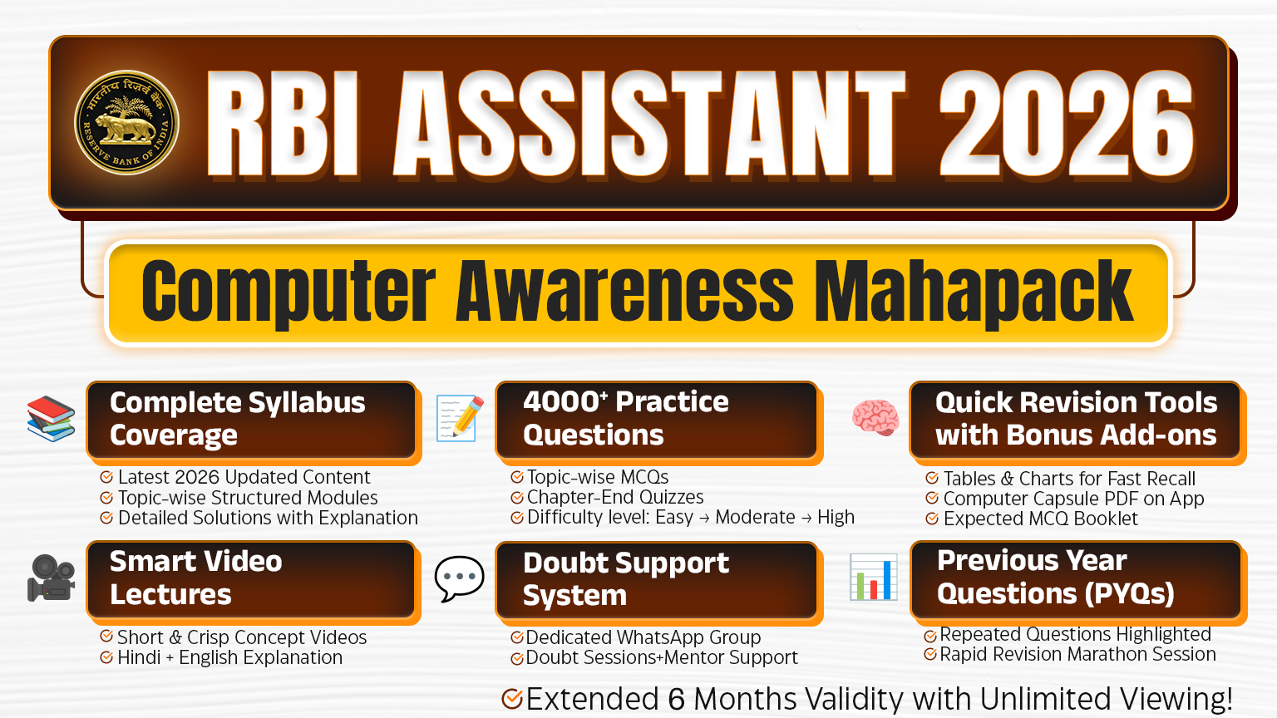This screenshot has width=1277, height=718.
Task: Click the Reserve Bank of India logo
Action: (x=126, y=122)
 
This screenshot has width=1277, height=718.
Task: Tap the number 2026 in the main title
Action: (x=1066, y=124)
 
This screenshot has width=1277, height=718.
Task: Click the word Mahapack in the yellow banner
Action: (x=974, y=293)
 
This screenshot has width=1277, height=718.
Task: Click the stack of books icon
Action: (x=51, y=419)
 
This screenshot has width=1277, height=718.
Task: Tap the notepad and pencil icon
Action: (x=460, y=418)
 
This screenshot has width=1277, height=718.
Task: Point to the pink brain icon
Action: (x=875, y=417)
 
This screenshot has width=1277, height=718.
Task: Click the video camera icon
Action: (x=51, y=578)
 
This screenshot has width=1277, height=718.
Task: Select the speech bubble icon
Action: (x=459, y=578)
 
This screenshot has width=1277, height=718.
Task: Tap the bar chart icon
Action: (x=874, y=577)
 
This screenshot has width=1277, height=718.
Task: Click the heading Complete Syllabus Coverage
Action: (x=238, y=419)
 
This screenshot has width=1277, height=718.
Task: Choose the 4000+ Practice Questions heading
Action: (x=626, y=418)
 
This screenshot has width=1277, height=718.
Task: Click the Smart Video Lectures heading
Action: (x=196, y=578)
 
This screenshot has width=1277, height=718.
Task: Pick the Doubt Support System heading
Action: (x=626, y=579)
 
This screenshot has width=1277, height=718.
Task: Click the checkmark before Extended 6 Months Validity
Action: (x=512, y=699)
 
